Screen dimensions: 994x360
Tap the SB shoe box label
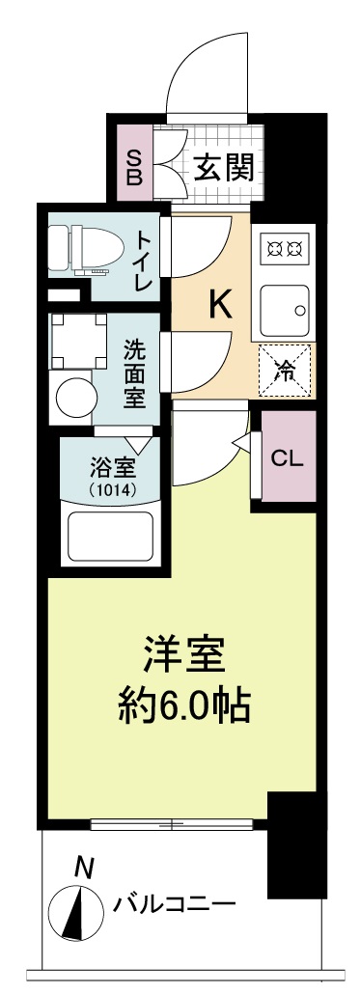coord(135,168)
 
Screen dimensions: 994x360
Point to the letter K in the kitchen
coord(219,306)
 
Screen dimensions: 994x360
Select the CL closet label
coord(287,457)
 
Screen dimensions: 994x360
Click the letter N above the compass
coord(84,868)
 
